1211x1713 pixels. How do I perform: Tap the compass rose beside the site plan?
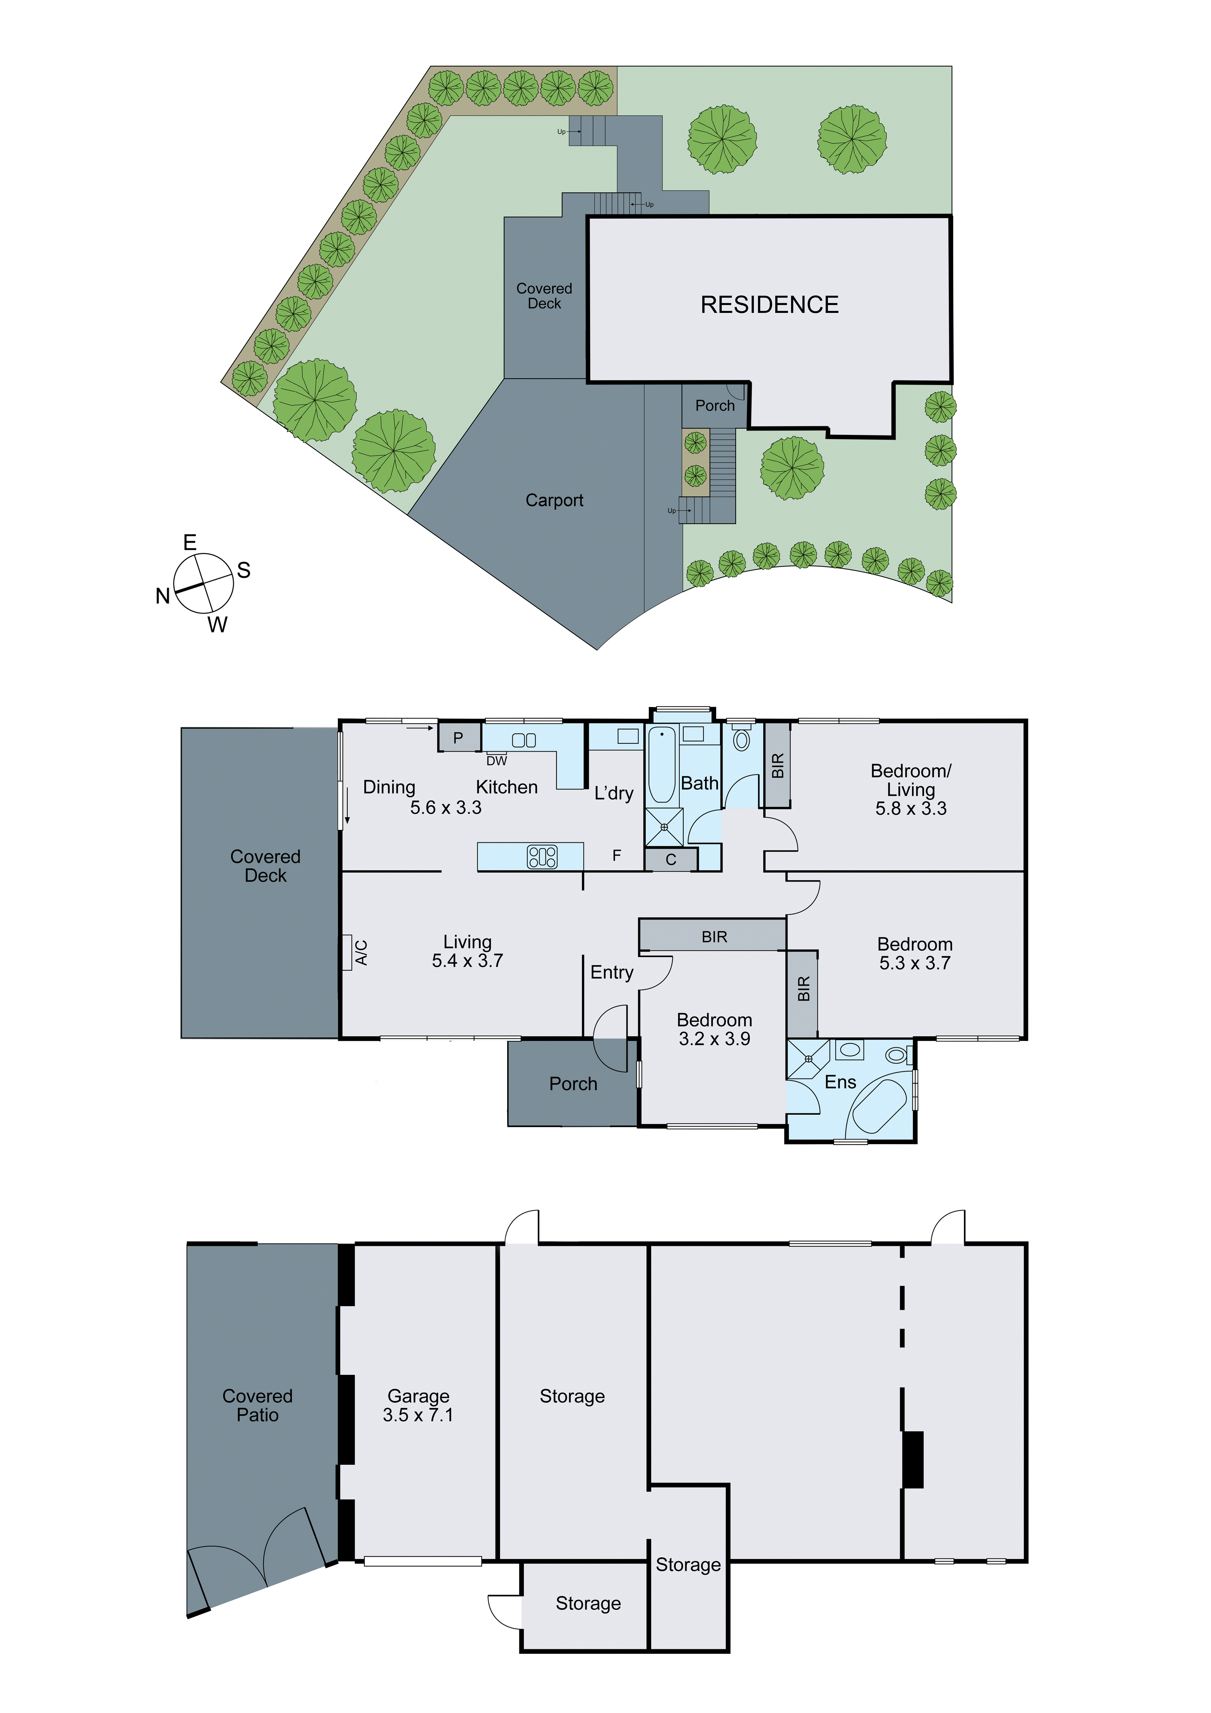(203, 583)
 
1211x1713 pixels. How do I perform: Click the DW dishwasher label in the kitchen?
(496, 761)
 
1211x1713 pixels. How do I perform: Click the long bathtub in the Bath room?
(661, 765)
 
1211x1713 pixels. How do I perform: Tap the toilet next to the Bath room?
(741, 739)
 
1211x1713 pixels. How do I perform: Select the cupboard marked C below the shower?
(671, 859)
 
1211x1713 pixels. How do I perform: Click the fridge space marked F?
(616, 856)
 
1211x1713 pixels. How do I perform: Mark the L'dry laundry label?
(613, 793)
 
